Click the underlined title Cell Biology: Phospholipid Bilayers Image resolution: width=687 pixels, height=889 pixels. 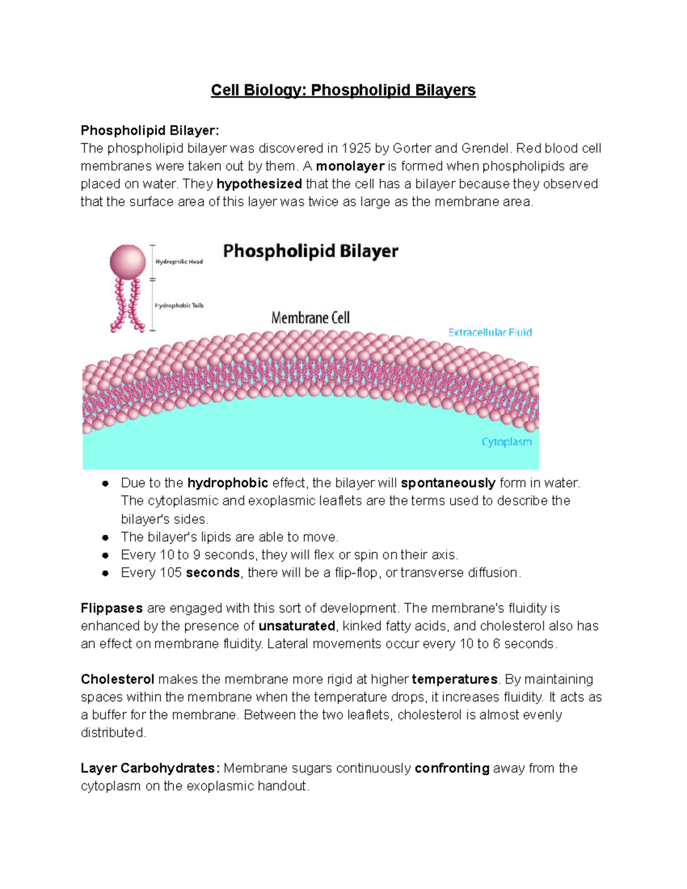coord(343,90)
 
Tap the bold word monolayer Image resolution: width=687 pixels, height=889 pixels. coord(350,167)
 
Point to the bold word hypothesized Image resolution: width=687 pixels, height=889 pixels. coord(259,184)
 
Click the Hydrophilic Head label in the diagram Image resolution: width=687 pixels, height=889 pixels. coord(179,262)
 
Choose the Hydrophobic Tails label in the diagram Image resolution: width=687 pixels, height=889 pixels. coord(179,306)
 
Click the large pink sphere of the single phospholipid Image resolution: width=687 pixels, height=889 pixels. coord(128,262)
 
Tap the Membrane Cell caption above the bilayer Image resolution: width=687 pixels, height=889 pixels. coord(310,318)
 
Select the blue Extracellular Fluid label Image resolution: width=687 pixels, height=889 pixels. coord(490,333)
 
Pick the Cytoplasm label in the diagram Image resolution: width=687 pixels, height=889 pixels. coord(507,442)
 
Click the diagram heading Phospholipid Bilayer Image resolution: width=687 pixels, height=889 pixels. coord(310,251)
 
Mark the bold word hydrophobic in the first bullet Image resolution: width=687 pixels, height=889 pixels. coord(228,483)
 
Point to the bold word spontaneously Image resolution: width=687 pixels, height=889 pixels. coord(448,483)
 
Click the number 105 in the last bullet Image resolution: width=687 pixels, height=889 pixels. coord(171,573)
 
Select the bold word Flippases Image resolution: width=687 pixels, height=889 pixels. coord(112,609)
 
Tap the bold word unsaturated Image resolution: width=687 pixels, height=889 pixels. coord(297,626)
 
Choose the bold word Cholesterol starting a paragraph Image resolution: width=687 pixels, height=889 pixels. coord(117,679)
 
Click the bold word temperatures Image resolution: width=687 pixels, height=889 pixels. coord(455,679)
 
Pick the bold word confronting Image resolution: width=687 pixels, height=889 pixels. coord(452,768)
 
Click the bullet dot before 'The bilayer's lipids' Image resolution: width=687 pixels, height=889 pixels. coord(105,538)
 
